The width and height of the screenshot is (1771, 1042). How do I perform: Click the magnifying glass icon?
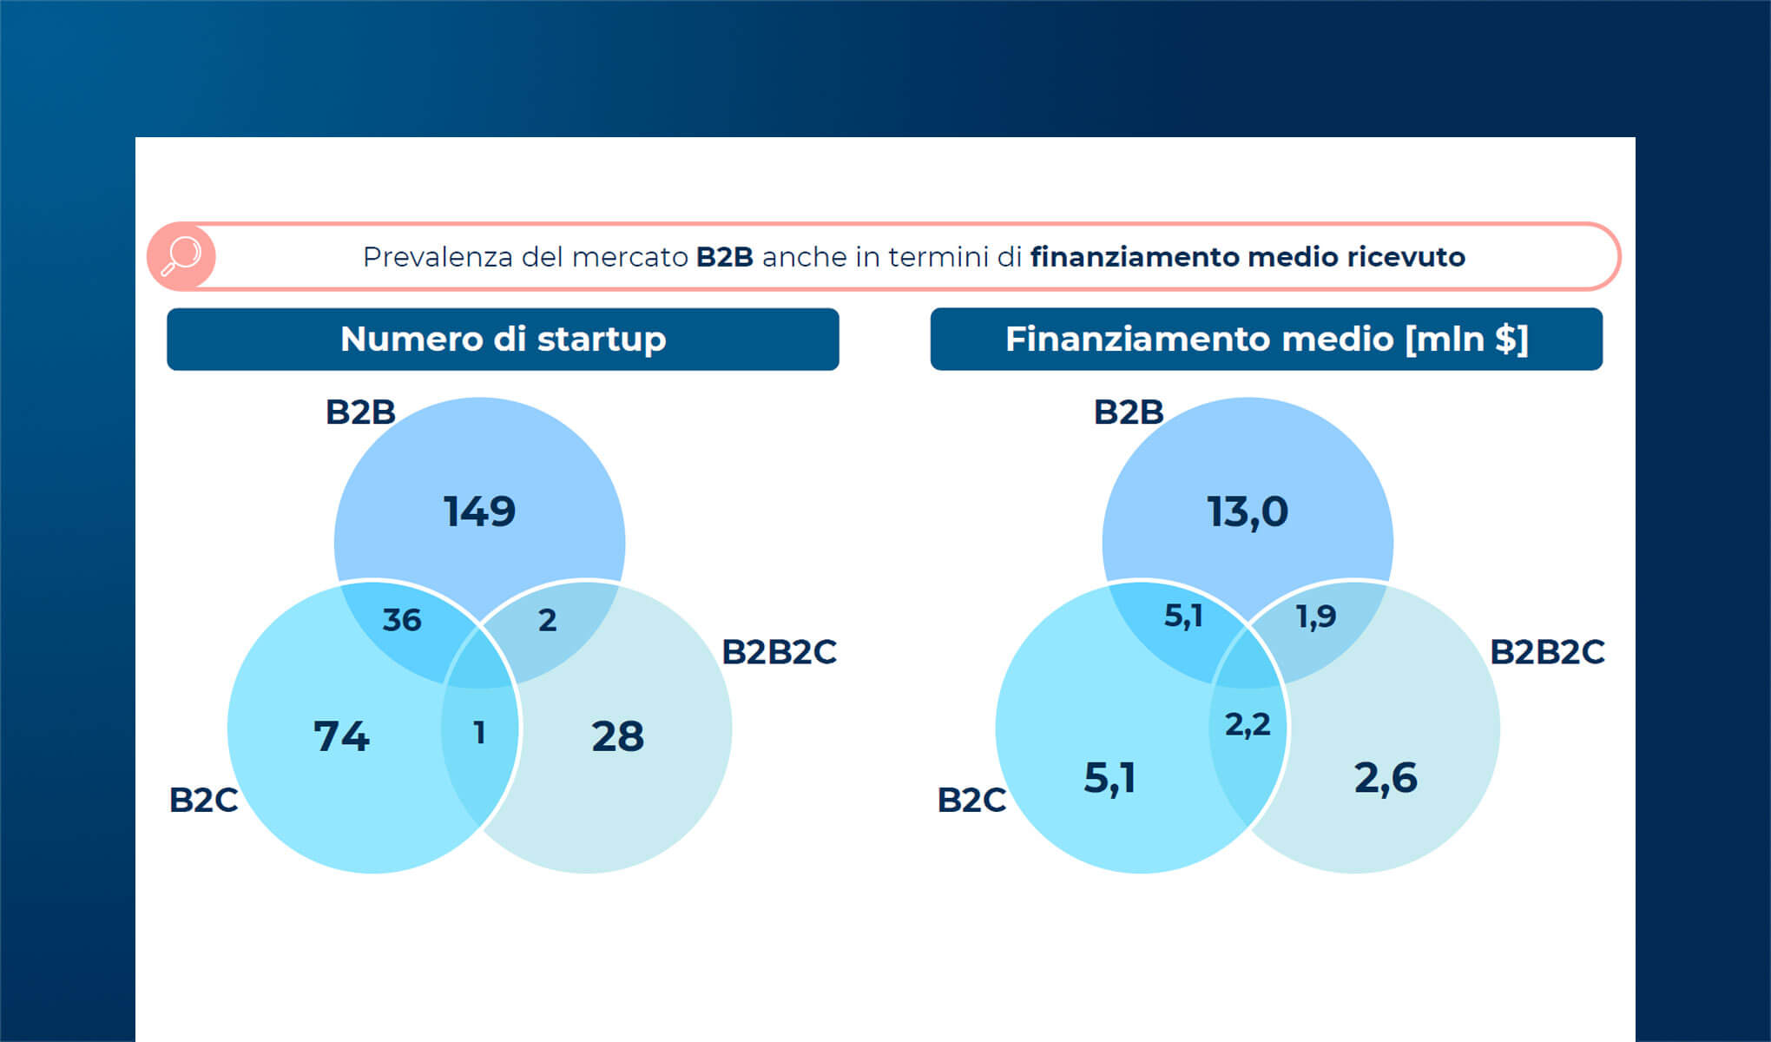181,256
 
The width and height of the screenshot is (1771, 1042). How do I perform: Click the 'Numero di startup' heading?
503,340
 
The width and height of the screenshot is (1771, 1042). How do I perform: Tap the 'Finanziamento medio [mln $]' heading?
1266,340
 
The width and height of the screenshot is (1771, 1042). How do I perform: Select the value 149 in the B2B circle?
479,511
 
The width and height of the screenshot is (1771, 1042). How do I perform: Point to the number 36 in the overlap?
402,620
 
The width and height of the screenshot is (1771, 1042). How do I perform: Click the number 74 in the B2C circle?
341,736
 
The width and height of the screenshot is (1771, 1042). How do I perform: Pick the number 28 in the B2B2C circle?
617,736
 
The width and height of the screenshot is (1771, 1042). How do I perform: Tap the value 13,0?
1248,511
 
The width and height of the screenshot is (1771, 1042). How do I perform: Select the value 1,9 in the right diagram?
1315,617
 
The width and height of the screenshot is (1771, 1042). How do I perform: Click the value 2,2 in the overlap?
1248,724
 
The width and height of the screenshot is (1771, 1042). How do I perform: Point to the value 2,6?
1386,778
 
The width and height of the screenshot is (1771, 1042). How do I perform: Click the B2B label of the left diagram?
360,412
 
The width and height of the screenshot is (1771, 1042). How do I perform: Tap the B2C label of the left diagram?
203,800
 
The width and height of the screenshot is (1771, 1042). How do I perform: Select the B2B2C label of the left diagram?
779,652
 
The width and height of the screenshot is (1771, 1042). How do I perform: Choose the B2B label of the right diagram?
1129,412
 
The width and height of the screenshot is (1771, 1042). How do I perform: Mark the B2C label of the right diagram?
971,800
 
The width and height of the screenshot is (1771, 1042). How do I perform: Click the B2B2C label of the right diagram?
1547,652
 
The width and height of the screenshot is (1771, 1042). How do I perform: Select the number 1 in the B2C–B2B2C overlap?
479,733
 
